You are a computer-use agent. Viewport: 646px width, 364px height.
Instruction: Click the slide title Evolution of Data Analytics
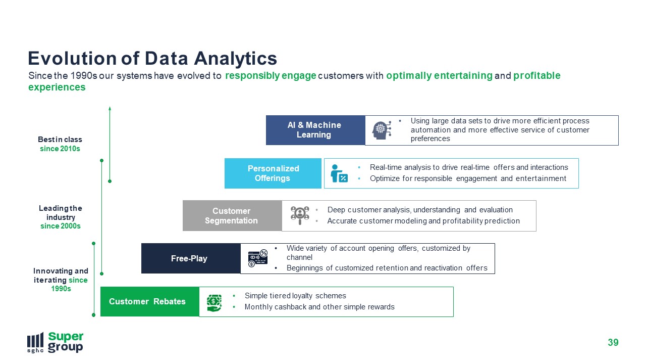click(152, 59)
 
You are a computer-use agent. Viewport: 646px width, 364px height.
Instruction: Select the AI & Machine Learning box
click(315, 130)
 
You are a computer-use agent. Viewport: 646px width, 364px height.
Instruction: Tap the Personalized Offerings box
click(273, 173)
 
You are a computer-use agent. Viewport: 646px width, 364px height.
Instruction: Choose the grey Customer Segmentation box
click(232, 216)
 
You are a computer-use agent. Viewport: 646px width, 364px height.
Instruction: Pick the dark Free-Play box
click(191, 258)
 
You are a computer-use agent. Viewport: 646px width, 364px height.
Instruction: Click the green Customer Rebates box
click(150, 302)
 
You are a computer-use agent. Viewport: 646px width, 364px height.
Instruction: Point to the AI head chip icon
click(382, 130)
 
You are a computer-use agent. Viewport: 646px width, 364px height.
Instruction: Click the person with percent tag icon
click(339, 173)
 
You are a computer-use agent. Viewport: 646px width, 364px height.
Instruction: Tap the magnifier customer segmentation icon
click(300, 215)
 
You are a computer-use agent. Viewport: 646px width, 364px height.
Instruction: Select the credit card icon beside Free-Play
click(258, 258)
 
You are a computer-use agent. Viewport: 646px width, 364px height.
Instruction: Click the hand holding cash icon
click(214, 303)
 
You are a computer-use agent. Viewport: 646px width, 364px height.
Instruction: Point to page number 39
click(613, 343)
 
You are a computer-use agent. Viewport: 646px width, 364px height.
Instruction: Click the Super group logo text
click(66, 342)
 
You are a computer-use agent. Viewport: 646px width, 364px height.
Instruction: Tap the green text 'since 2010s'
click(60, 149)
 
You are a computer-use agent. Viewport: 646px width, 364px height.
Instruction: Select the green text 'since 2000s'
click(61, 226)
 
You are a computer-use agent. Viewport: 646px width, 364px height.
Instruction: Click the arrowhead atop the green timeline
click(110, 108)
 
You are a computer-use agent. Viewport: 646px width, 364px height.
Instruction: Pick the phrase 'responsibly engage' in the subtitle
click(271, 76)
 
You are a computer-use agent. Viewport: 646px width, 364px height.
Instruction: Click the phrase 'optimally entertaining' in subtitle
click(439, 76)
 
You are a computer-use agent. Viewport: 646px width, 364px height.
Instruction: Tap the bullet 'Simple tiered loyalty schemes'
click(295, 296)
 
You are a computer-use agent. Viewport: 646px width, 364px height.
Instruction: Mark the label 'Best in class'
click(60, 140)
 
